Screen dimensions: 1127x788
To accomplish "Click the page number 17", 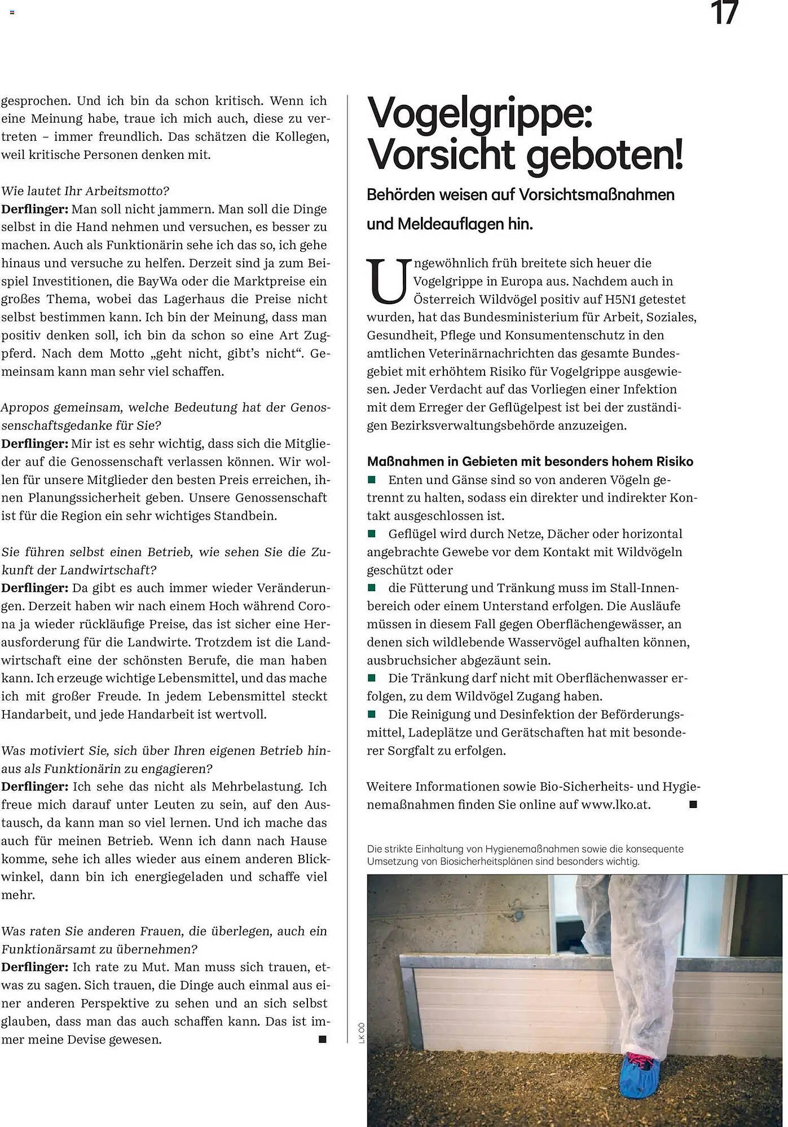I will tap(724, 14).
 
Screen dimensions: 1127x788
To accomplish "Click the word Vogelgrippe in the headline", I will tap(479, 113).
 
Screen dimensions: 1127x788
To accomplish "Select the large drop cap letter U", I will tap(389, 281).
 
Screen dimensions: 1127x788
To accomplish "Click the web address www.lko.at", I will tap(615, 805).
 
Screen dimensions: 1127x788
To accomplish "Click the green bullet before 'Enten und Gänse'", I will tap(372, 480).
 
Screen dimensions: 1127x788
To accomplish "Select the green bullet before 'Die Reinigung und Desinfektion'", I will tap(372, 714).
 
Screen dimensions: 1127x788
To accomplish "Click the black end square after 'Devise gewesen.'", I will tap(323, 1039).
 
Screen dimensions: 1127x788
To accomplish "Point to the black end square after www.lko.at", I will tap(693, 805).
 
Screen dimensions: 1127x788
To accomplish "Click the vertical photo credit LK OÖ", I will tap(362, 1032).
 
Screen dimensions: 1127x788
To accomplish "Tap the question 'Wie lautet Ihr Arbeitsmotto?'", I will tap(85, 190).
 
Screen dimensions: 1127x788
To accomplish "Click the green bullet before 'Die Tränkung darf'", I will tap(372, 678).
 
